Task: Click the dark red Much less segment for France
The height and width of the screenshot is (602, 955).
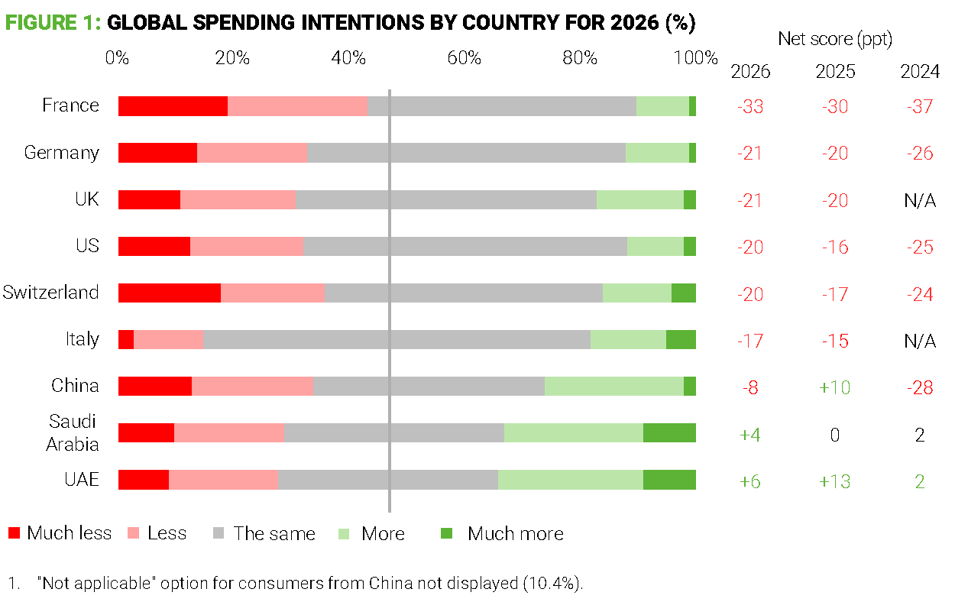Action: pos(173,106)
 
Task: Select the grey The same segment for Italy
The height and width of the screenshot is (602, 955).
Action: pos(397,339)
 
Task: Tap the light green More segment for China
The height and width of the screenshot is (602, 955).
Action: pos(613,386)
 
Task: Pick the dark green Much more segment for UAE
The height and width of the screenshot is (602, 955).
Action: pos(669,479)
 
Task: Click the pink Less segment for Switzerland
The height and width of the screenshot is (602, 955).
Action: pos(273,293)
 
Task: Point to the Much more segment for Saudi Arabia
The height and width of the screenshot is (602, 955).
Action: pos(669,432)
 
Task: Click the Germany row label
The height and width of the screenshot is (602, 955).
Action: pos(62,153)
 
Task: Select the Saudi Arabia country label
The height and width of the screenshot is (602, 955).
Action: pos(73,432)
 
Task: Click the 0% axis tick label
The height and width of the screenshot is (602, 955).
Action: pos(117,58)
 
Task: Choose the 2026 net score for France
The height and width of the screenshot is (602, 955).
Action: pos(750,106)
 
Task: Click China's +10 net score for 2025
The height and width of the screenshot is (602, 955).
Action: pos(835,387)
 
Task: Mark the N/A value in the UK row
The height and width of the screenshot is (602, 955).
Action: pos(920,200)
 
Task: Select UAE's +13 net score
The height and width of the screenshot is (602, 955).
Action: pos(835,481)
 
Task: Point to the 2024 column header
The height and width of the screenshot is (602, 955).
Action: pos(920,72)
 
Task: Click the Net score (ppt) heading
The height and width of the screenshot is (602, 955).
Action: pos(835,39)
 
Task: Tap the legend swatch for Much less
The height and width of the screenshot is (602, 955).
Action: pos(14,533)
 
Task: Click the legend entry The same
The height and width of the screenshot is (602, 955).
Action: pos(274,533)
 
